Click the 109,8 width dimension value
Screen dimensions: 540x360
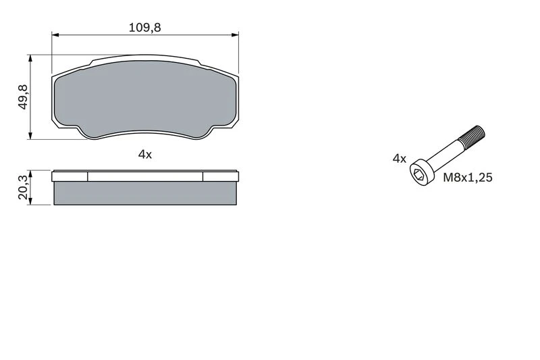[x=144, y=28]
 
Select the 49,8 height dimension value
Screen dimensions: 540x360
[x=23, y=97]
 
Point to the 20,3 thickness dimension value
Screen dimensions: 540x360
[x=23, y=187]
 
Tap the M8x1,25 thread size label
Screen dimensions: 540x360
[x=467, y=178]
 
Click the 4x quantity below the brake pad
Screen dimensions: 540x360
[x=145, y=155]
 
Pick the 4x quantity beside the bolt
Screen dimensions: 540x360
[x=400, y=159]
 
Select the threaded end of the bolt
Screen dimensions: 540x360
[x=473, y=136]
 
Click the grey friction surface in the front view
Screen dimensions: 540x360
[x=144, y=99]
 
